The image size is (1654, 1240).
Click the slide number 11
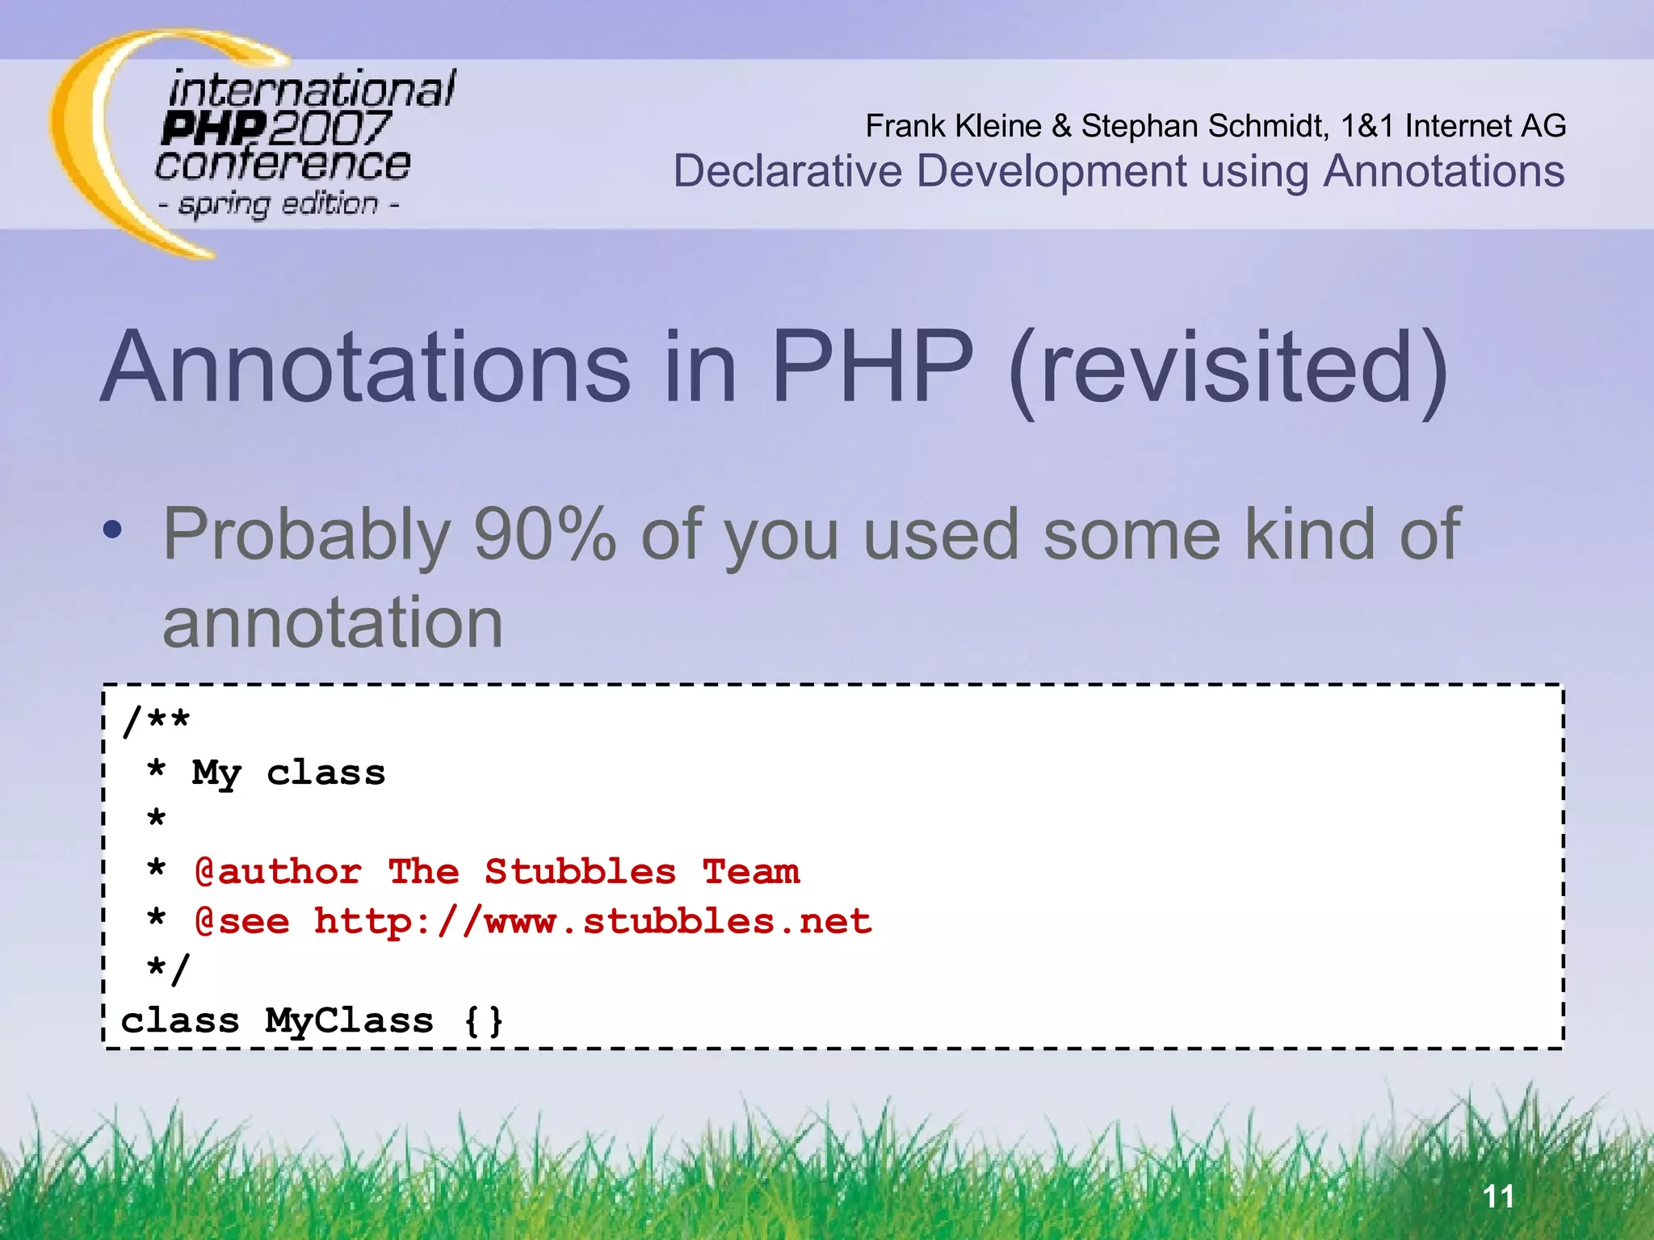(1498, 1196)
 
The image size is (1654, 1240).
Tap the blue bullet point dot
(113, 530)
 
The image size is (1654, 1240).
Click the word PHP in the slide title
(872, 367)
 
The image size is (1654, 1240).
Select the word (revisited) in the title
(1228, 370)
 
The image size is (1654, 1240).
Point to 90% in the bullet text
(544, 534)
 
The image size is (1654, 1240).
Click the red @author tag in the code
(278, 872)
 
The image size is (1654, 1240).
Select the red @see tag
(242, 922)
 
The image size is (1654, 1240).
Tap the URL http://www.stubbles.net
(593, 922)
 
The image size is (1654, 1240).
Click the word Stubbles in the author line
(580, 872)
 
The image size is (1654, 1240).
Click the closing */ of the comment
(168, 970)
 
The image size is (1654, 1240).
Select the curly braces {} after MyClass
(484, 1020)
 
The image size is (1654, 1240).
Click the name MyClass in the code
(349, 1021)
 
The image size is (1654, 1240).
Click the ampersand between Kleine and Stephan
(1061, 126)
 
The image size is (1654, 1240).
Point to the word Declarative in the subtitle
(787, 172)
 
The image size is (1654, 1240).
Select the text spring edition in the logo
(279, 204)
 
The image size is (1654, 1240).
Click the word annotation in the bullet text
(333, 622)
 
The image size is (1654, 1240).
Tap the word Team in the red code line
(751, 872)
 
